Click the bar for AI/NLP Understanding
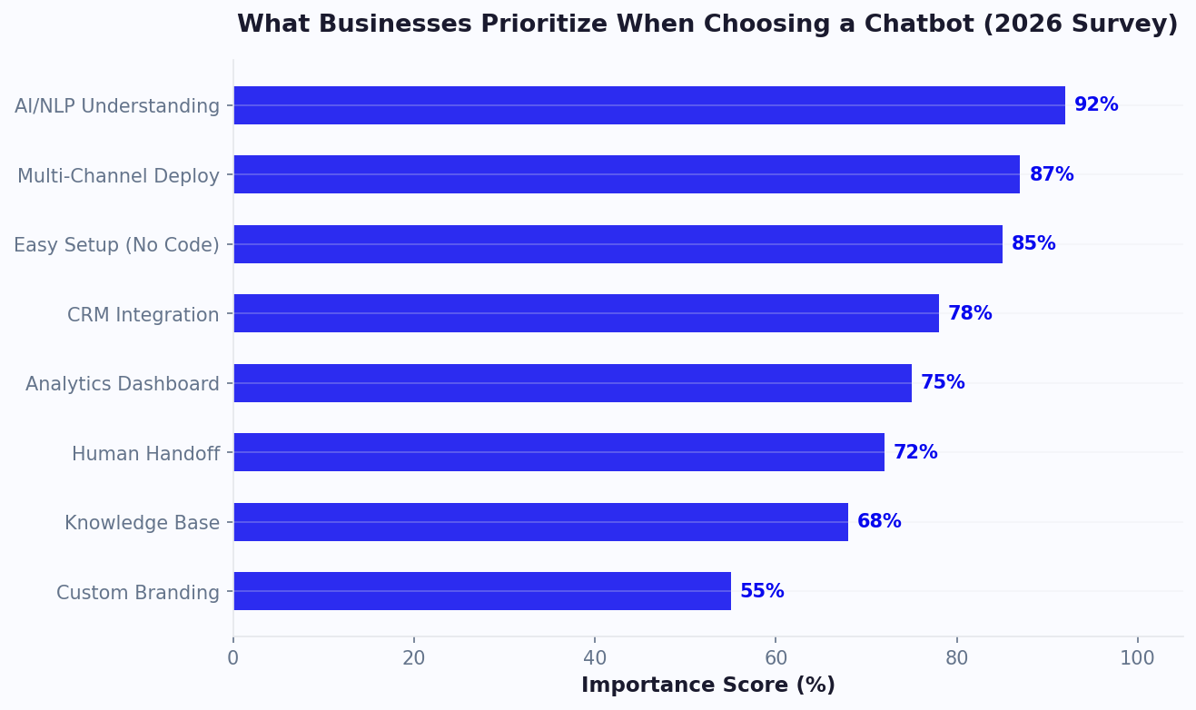[648, 105]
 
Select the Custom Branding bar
[481, 591]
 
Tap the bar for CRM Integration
[586, 313]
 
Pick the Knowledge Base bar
[540, 522]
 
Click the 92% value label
[1096, 105]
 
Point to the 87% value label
[1051, 175]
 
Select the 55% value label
[762, 592]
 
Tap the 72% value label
[915, 453]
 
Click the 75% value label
[943, 383]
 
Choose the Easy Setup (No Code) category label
[116, 245]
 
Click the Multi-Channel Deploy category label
[118, 176]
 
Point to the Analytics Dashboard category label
[122, 384]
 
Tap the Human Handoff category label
[145, 454]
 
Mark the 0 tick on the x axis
[233, 658]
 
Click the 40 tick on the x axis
[595, 658]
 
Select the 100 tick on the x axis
[1137, 658]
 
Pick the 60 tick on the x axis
[776, 658]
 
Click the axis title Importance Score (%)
[707, 685]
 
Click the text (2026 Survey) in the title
[1080, 25]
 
